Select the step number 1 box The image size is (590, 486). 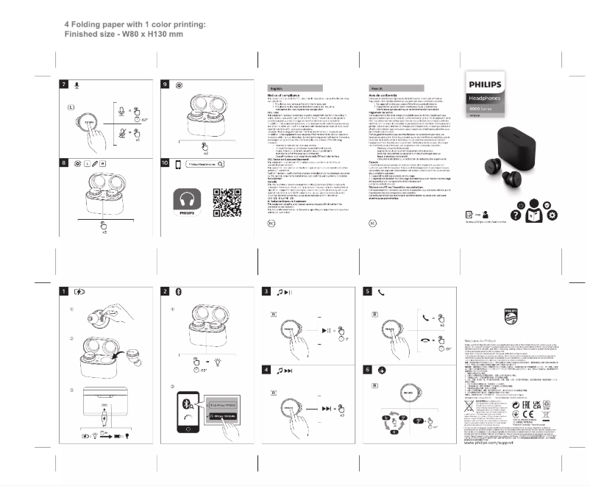point(65,291)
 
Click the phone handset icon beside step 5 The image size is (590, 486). point(381,291)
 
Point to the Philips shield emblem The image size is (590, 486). point(511,317)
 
